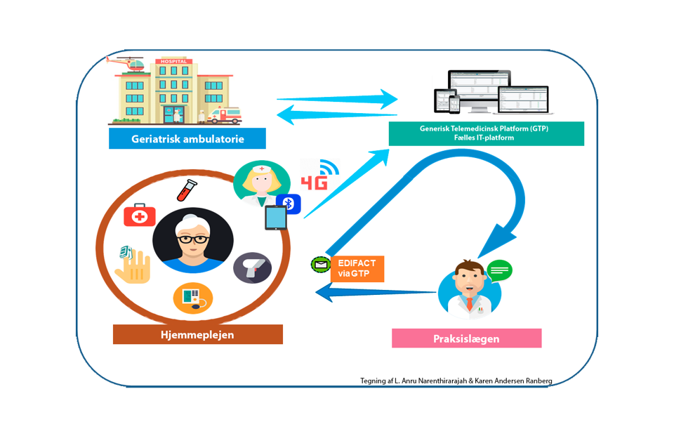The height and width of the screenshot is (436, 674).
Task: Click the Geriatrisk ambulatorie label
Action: (x=187, y=138)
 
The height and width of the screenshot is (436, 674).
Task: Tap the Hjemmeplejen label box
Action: (x=197, y=334)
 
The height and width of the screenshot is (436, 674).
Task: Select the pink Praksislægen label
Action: (x=466, y=338)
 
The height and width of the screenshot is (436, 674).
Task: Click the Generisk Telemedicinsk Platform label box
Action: (x=486, y=133)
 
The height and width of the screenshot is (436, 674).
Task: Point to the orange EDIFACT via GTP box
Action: (x=357, y=268)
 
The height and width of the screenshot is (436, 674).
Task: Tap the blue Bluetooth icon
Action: (x=289, y=204)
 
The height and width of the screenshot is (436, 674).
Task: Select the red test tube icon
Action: (x=187, y=190)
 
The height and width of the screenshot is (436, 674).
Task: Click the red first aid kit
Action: (x=140, y=215)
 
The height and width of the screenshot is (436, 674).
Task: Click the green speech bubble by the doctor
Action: (x=499, y=270)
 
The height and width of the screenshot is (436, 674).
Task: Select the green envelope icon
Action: (x=321, y=265)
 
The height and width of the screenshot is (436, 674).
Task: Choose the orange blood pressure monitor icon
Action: (x=192, y=298)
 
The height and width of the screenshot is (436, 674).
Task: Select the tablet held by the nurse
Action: (x=275, y=219)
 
